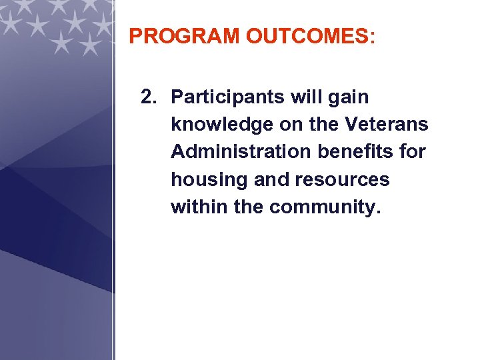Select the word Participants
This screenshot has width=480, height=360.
coord(228,97)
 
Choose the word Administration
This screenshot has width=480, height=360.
coord(241,152)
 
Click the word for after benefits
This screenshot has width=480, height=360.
coord(412,152)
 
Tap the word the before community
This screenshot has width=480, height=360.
coord(249,207)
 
